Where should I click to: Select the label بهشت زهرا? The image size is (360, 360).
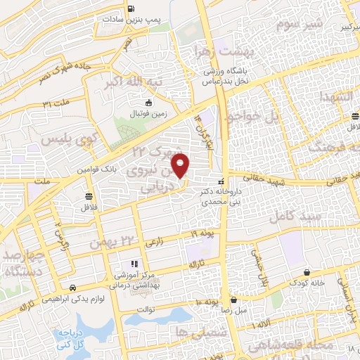pos(224,53)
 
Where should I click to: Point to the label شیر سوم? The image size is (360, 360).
pos(302,25)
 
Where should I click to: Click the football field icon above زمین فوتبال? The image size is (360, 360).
pos(148,103)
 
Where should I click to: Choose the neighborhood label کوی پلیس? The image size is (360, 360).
pos(67,140)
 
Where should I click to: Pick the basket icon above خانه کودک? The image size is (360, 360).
pos(307,272)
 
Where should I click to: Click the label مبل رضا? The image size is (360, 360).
pos(234,309)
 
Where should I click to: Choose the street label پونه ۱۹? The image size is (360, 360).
pos(202,233)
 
